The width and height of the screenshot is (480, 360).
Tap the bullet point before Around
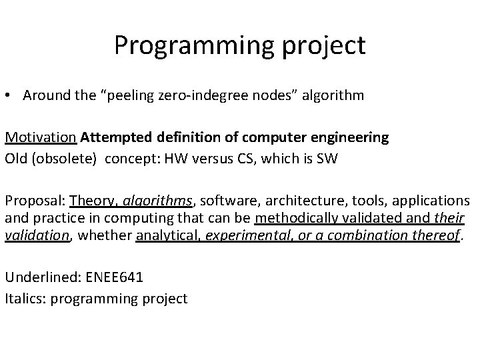(x=9, y=95)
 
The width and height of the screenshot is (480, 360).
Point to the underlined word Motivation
(x=41, y=137)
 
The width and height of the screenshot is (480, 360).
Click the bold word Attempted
(x=116, y=137)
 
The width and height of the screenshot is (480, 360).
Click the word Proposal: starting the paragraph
(x=35, y=201)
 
